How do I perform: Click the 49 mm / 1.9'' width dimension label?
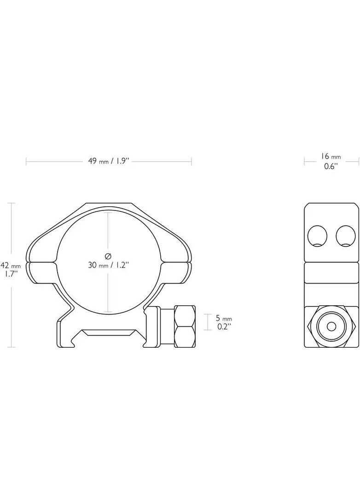(109, 161)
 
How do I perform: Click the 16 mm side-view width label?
(331, 157)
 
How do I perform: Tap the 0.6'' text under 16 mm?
(331, 166)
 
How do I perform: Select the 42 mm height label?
(10, 266)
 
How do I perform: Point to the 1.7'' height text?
(10, 274)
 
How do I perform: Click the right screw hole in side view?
(346, 237)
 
